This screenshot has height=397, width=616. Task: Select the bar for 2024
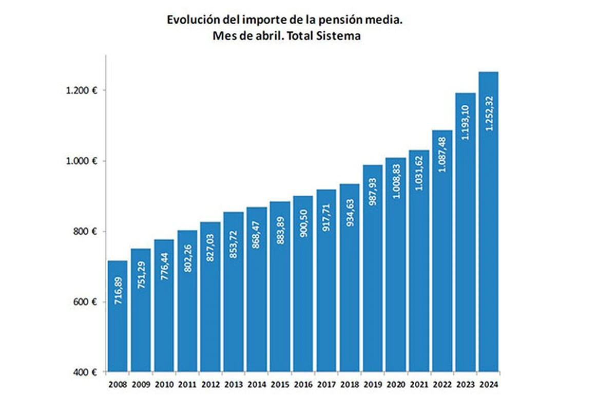coord(488,221)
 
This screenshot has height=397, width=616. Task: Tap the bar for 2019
coord(372,268)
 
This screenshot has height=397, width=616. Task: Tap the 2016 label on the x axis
coord(303,383)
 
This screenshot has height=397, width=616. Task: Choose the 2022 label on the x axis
coord(442,383)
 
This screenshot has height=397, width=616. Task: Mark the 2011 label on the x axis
coord(187,383)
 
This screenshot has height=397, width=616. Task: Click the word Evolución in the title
coord(190,21)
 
